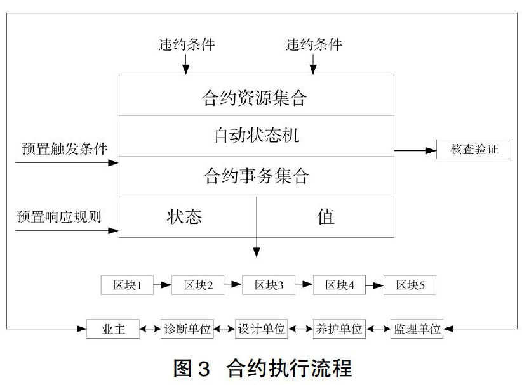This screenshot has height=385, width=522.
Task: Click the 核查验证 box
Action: coord(473,149)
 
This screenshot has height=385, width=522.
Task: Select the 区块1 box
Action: coord(127,285)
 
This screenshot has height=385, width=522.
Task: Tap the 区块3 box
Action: coord(269,285)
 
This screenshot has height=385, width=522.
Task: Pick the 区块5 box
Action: coord(410,285)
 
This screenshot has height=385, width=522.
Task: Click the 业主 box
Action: coord(113,329)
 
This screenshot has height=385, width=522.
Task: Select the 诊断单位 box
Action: coord(187,329)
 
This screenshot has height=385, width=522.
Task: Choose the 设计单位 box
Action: coord(262,329)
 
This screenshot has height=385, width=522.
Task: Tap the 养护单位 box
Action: coord(339,329)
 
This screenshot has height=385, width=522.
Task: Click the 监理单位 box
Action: coord(417,329)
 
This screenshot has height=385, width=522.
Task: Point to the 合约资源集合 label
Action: coord(254,98)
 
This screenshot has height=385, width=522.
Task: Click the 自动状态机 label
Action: coord(257,135)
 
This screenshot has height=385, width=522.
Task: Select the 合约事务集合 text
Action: coord(256,176)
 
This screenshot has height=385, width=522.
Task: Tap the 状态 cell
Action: coord(188,217)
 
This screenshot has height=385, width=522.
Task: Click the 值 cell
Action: coord(325,217)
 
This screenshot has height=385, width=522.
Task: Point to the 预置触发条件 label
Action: coord(65,148)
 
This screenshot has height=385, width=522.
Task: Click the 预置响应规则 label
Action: coord(59,216)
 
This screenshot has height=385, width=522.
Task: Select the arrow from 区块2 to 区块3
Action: coord(232,284)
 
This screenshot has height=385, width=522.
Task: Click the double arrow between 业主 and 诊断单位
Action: coord(150,329)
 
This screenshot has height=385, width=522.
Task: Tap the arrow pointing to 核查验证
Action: coord(415,150)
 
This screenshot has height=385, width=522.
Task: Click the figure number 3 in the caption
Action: coord(204,369)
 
